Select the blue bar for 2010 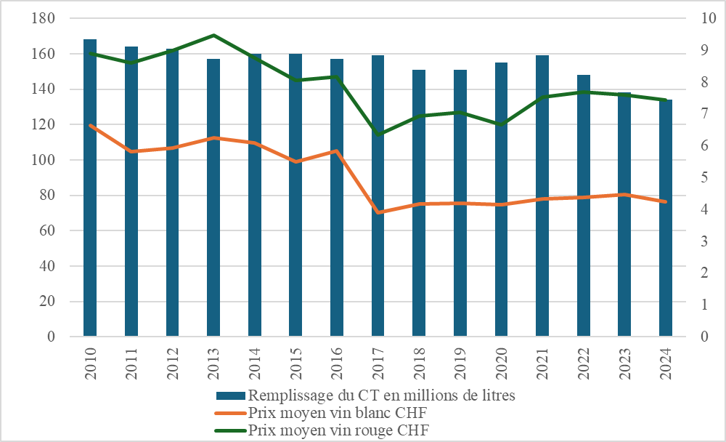(90, 188)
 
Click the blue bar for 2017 (378, 196)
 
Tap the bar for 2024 (665, 218)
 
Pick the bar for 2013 (213, 198)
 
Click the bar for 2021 (542, 196)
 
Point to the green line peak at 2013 (213, 35)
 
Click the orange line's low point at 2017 (378, 212)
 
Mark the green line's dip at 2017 (378, 134)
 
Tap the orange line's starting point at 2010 (90, 125)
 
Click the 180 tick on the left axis (43, 18)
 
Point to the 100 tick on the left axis (43, 159)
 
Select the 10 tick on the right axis (709, 18)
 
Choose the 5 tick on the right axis (705, 177)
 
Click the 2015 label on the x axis (296, 363)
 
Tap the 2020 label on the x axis (502, 363)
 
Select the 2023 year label (624, 363)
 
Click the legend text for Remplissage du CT (382, 395)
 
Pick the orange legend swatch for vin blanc (231, 413)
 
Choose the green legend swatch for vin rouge (231, 430)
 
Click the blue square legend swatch (231, 395)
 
